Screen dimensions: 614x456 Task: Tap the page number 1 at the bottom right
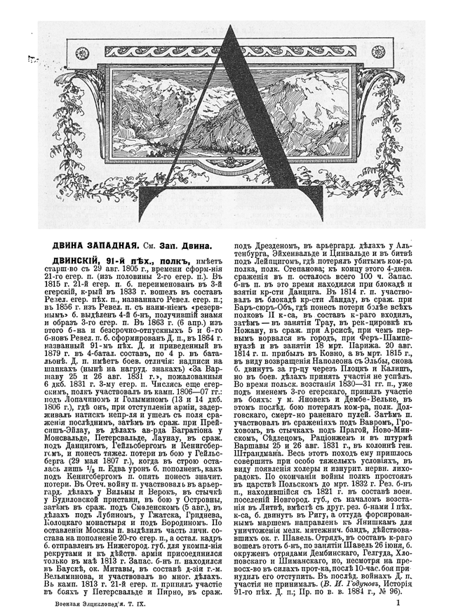coord(398,601)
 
